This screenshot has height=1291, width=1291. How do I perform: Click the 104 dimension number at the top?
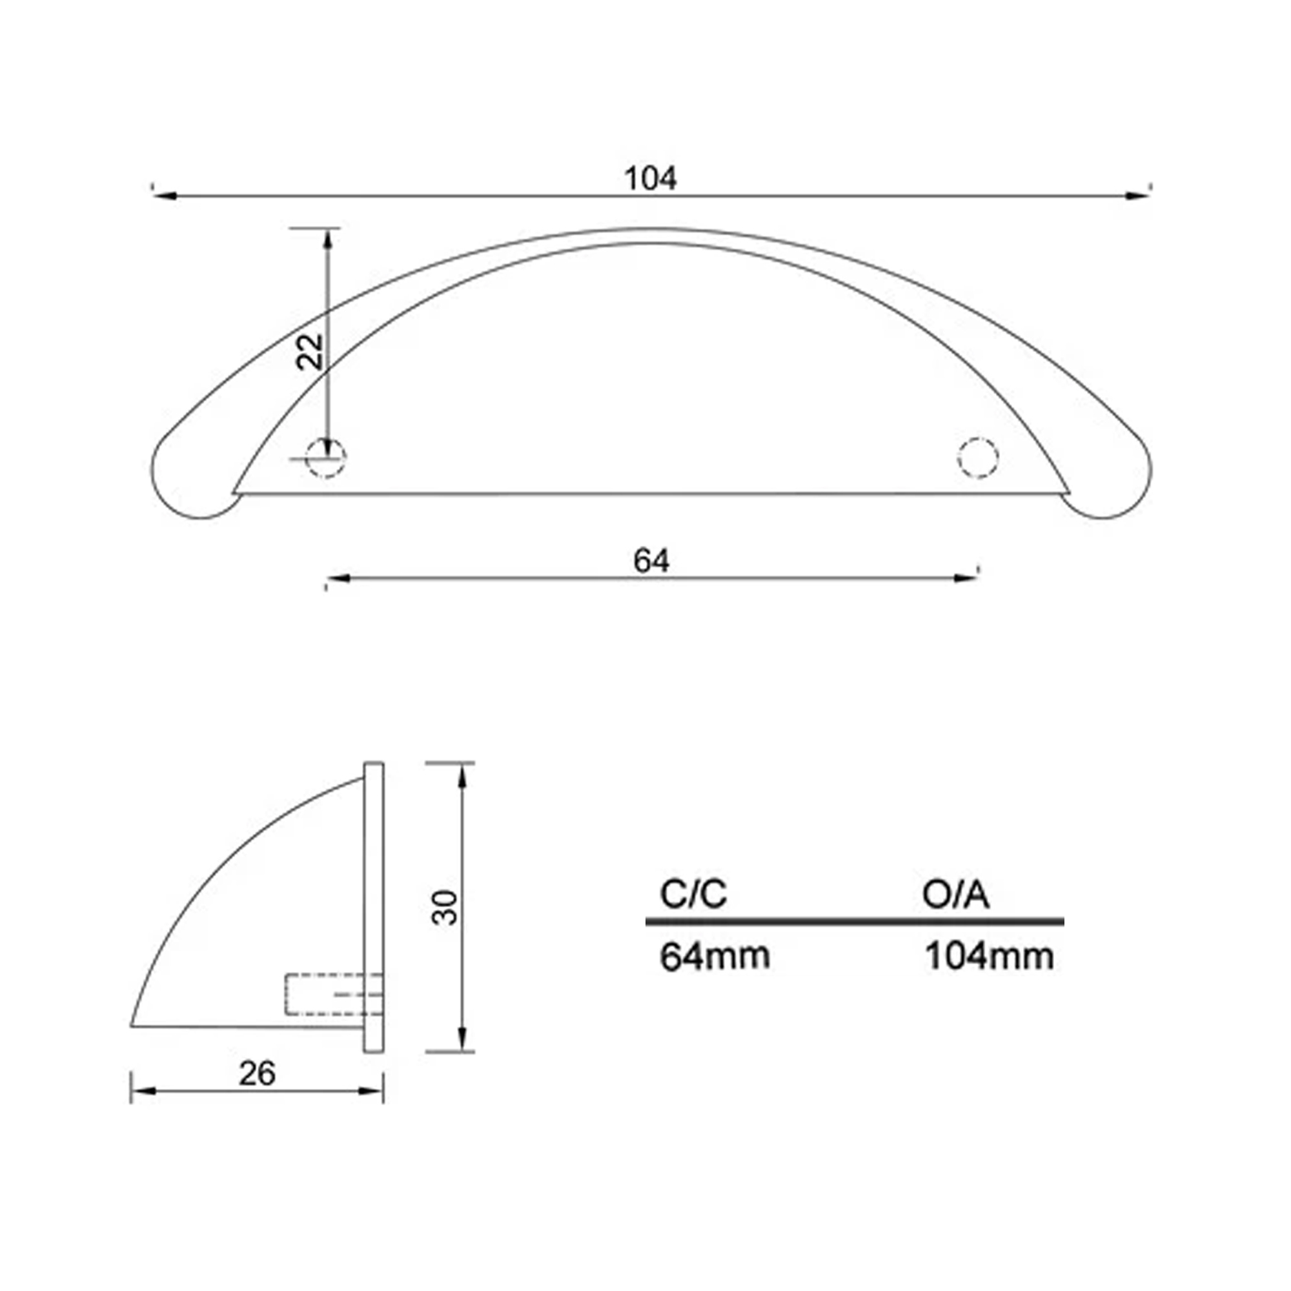tap(650, 178)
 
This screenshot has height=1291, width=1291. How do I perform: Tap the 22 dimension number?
tap(310, 352)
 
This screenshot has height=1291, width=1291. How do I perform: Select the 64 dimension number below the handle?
tap(651, 561)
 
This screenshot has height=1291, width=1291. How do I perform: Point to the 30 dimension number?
tap(445, 908)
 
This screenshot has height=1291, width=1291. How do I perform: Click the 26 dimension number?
tap(258, 1074)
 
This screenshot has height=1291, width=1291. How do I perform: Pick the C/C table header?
tap(693, 894)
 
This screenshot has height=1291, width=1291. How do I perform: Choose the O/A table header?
tap(955, 894)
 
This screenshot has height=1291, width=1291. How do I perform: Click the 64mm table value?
tap(715, 956)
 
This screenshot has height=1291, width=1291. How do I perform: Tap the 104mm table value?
tap(990, 956)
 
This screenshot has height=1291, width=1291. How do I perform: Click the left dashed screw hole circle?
tap(326, 458)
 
